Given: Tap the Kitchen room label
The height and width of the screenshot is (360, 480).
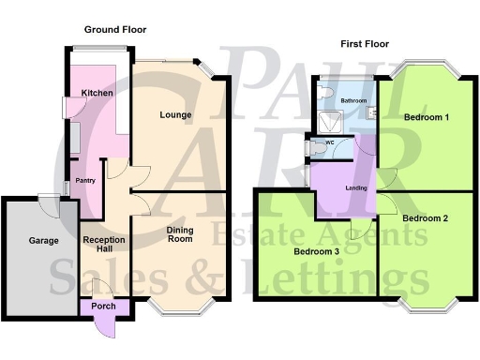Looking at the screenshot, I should pyautogui.click(x=97, y=93).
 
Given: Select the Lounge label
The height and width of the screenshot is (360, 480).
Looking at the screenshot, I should pyautogui.click(x=175, y=115).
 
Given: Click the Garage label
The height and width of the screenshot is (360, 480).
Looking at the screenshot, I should pyautogui.click(x=42, y=241).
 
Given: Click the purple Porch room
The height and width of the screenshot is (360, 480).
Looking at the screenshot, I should pyautogui.click(x=99, y=305).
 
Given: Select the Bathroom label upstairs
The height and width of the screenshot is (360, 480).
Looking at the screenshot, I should pyautogui.click(x=353, y=100).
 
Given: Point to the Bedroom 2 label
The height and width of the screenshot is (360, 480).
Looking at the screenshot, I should pyautogui.click(x=425, y=218).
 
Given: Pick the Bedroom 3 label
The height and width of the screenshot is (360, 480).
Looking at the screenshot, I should pyautogui.click(x=317, y=252).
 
